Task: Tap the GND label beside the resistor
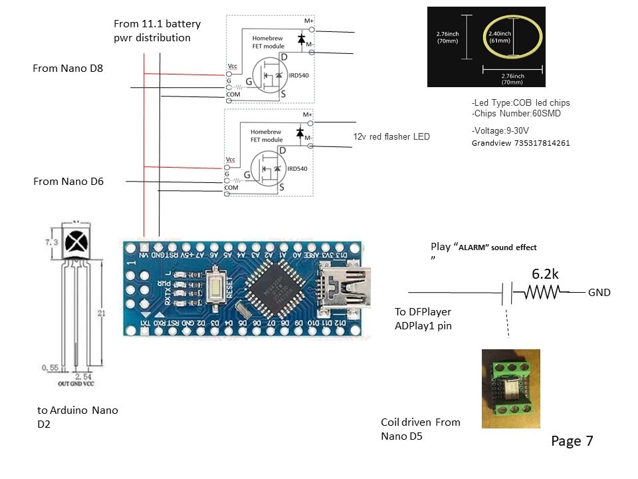599,292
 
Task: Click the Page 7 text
572,440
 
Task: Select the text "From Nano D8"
68,69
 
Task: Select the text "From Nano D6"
68,181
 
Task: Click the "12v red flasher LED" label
391,136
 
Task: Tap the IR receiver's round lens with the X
76,240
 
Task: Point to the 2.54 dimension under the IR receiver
83,377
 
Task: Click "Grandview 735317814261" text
520,143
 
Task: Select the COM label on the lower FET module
232,188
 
